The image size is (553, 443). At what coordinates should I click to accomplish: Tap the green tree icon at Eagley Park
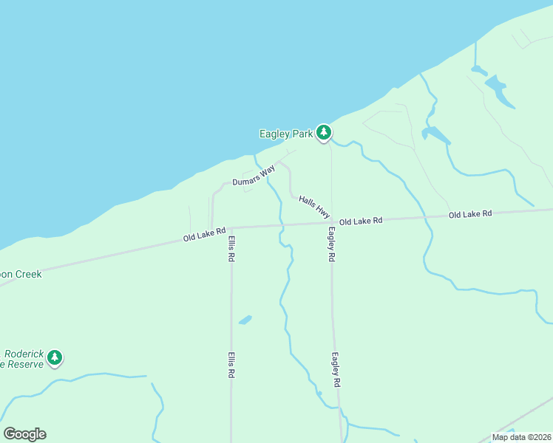coord(323,132)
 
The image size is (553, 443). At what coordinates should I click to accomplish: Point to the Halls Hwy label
coord(313,205)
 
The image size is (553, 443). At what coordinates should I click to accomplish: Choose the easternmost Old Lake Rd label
coord(470,214)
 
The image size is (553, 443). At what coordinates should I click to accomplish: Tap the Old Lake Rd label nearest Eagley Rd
coord(361,221)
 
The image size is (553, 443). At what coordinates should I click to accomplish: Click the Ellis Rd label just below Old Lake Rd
coord(231,249)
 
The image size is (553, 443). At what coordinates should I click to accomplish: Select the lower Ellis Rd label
coord(231,365)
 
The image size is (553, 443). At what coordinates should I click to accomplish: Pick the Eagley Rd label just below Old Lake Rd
coord(332,244)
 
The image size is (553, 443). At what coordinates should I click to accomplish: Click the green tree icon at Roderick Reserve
coord(54,357)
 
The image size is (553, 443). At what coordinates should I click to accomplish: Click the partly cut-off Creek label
coord(22,274)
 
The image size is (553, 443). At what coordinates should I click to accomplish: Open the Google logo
coord(24,434)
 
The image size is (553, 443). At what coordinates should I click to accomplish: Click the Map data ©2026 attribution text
coord(521,437)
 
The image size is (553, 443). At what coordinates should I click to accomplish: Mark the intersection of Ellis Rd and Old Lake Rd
coord(231,227)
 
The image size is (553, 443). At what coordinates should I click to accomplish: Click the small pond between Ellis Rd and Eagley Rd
coord(245,320)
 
